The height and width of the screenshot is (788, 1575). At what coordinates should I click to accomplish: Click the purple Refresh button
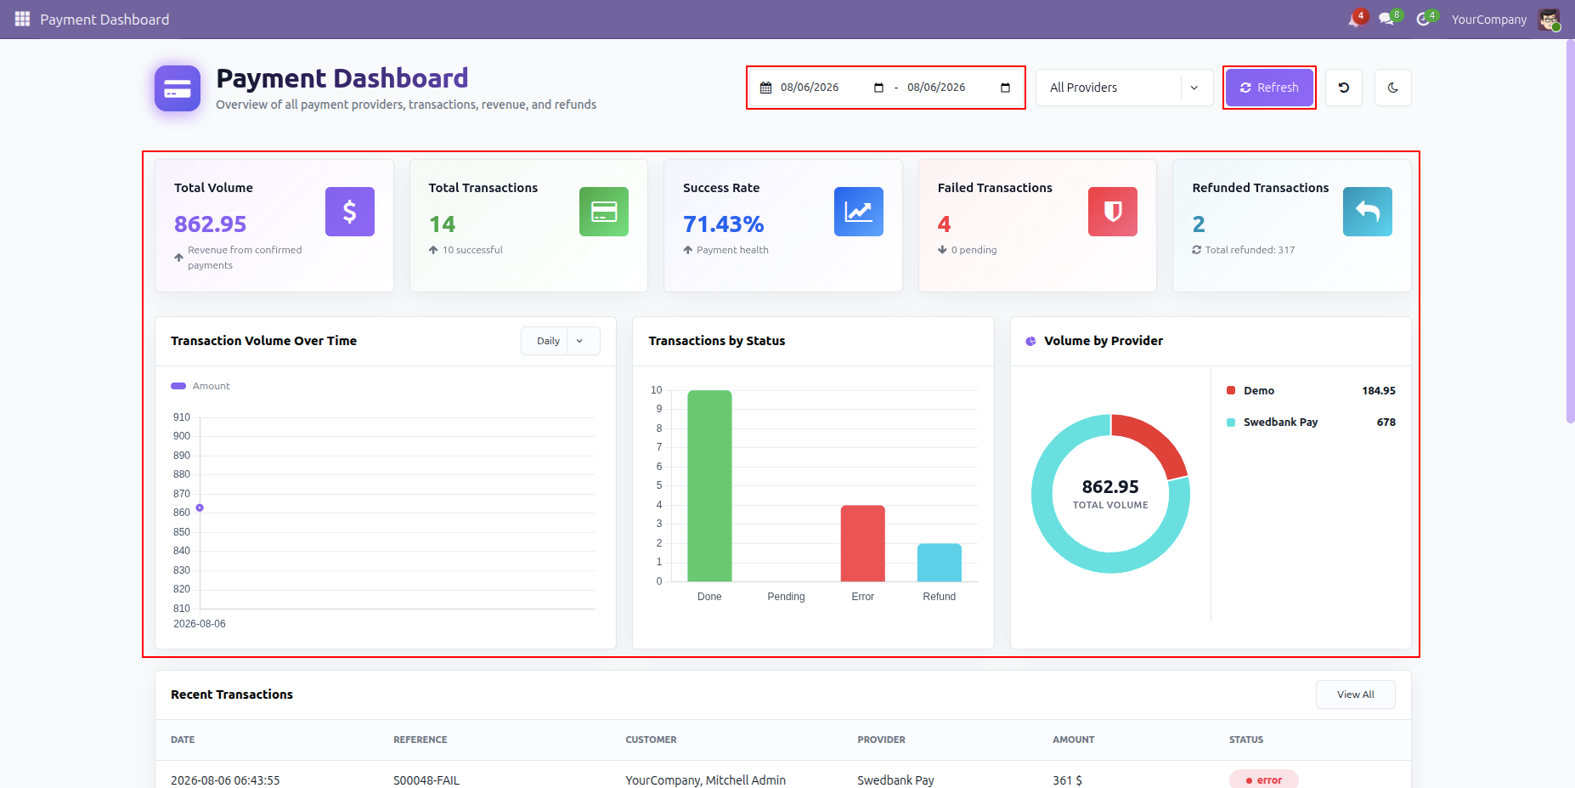pyautogui.click(x=1269, y=88)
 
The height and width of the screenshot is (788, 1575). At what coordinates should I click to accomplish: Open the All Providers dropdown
pyautogui.click(x=1124, y=88)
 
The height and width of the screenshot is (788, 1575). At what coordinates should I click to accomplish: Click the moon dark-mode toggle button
pyautogui.click(x=1393, y=88)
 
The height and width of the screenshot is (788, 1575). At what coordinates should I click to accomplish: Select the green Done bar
pyautogui.click(x=709, y=485)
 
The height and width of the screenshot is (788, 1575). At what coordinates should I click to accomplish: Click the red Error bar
pyautogui.click(x=863, y=543)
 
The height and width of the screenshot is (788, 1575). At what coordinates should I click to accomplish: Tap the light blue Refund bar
pyautogui.click(x=940, y=563)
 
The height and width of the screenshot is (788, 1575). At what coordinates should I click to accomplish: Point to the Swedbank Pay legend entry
pyautogui.click(x=1280, y=422)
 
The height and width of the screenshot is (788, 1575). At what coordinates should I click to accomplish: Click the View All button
pyautogui.click(x=1356, y=694)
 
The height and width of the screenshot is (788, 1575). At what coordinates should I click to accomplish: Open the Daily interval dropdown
pyautogui.click(x=561, y=341)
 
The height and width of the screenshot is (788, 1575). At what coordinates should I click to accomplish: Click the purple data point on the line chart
pyautogui.click(x=200, y=507)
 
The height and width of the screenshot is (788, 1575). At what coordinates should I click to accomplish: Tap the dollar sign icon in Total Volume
pyautogui.click(x=350, y=212)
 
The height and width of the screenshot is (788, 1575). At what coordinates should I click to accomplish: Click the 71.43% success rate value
pyautogui.click(x=724, y=224)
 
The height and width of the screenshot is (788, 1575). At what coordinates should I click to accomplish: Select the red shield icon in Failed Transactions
pyautogui.click(x=1113, y=212)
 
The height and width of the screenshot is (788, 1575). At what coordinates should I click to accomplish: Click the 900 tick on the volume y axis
pyautogui.click(x=182, y=436)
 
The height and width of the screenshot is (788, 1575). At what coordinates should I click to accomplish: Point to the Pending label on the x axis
pyautogui.click(x=786, y=597)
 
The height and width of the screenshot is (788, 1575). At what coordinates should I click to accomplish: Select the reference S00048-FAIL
pyautogui.click(x=426, y=780)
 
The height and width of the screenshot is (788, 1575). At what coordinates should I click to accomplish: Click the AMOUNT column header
pyautogui.click(x=1074, y=740)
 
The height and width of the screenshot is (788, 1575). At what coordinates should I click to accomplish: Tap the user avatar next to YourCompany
pyautogui.click(x=1549, y=20)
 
